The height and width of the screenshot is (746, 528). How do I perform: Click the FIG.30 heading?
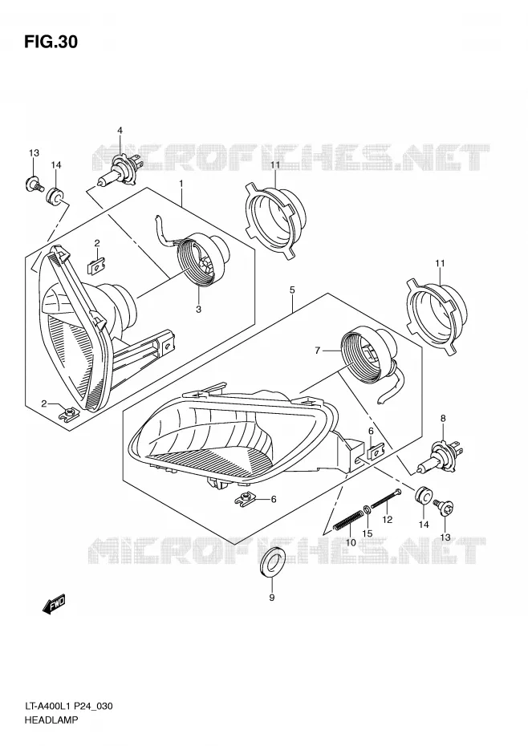[51, 43]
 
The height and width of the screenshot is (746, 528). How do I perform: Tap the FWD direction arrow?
[53, 603]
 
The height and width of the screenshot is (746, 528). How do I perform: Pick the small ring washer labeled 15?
[367, 510]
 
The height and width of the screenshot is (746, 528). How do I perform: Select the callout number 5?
[292, 290]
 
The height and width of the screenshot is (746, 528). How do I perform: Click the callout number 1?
[181, 183]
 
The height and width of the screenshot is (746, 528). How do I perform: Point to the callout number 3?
[198, 310]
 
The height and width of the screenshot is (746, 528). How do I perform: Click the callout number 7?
[317, 351]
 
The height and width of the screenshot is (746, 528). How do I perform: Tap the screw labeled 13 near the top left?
[34, 184]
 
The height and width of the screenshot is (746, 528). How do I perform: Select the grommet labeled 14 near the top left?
[55, 196]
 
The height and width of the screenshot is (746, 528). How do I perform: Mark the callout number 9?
[271, 598]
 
